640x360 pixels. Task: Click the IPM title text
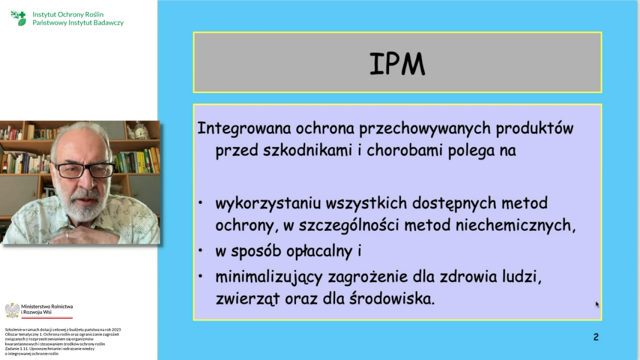pyautogui.click(x=397, y=63)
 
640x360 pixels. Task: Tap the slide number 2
pyautogui.click(x=595, y=337)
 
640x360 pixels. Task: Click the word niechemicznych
pyautogui.click(x=515, y=225)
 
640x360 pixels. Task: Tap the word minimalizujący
pyautogui.click(x=268, y=277)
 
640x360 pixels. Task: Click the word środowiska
pyautogui.click(x=392, y=298)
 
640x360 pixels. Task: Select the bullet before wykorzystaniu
pyautogui.click(x=200, y=203)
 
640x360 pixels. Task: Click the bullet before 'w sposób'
pyautogui.click(x=200, y=250)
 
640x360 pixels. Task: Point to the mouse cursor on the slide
pyautogui.click(x=597, y=304)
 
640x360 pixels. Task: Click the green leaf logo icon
pyautogui.click(x=18, y=18)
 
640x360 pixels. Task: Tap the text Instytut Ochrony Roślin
pyautogui.click(x=68, y=14)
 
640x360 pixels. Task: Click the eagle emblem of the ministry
pyautogui.click(x=12, y=310)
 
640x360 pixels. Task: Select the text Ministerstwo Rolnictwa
pyautogui.click(x=47, y=306)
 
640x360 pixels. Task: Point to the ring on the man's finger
pyautogui.click(x=67, y=234)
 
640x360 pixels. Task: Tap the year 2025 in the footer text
pyautogui.click(x=116, y=329)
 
